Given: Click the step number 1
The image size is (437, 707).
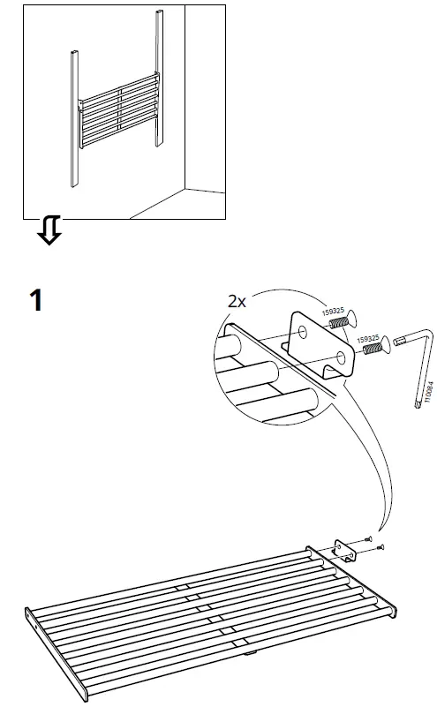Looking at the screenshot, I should coord(34,301).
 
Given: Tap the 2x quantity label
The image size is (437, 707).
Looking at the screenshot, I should coord(237,302).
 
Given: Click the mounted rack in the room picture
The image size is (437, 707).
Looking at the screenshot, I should coord(119,115).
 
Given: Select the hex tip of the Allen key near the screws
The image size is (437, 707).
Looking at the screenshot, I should coord(393,342).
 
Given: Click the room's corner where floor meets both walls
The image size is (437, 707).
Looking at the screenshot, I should coord(184,188).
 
